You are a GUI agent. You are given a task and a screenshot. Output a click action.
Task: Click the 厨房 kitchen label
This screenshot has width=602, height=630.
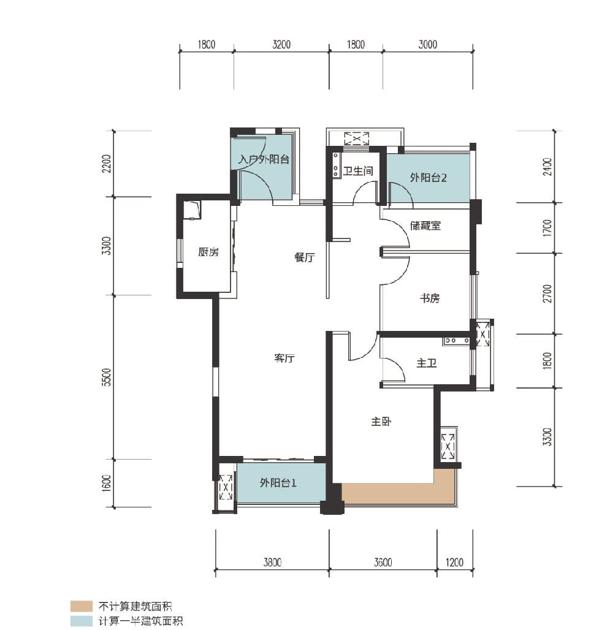coord(208,252)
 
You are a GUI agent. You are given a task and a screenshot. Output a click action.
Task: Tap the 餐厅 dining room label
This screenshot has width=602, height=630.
coord(305,257)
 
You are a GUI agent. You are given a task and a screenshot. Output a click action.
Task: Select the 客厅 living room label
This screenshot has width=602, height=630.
coord(284,358)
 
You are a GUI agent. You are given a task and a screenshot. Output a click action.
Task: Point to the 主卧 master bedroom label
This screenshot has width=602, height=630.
coord(381,422)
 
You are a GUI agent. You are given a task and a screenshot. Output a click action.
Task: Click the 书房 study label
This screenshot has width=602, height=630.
coord(430,298)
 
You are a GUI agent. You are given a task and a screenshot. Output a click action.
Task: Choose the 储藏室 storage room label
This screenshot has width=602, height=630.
coord(425,226)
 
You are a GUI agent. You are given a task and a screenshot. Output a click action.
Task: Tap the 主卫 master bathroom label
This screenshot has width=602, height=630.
coord(427,363)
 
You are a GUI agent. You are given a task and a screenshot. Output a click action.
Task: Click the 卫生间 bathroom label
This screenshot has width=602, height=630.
coord(358,171)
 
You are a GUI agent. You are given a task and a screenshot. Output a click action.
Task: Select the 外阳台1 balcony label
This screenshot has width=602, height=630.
coord(278,482)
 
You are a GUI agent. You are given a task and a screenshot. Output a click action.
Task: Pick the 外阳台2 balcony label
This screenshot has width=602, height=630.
coord(429,178)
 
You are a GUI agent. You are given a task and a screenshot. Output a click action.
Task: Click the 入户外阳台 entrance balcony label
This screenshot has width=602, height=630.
coord(264,159)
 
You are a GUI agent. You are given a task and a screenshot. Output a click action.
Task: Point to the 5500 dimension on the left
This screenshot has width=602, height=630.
coord(106,377)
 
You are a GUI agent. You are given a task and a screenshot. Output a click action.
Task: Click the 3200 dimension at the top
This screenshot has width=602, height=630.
coord(281,44)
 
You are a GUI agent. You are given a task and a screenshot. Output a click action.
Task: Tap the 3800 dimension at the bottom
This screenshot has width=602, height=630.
coord(272,562)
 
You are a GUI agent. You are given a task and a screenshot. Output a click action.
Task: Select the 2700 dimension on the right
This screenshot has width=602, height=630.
coord(547,294)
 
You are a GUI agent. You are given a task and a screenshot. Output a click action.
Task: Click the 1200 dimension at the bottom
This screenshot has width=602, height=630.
coord(454,562)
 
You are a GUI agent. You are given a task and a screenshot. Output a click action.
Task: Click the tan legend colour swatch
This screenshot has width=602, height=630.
coord(81,606)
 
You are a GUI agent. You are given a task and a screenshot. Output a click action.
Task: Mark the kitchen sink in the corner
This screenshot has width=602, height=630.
coord(192,210)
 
